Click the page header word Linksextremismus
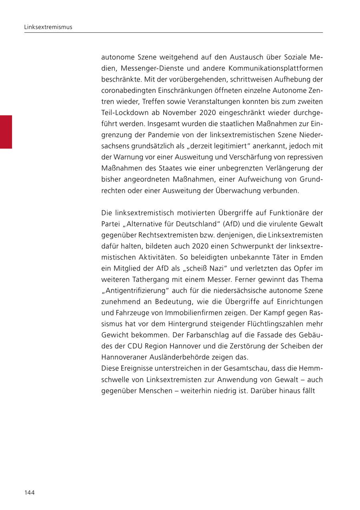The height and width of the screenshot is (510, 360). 48,27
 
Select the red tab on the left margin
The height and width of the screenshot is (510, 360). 6,132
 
